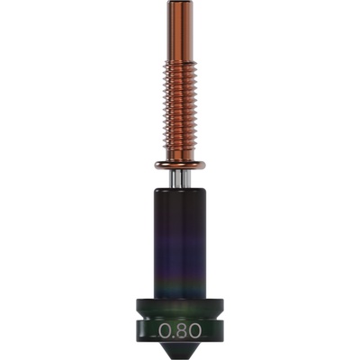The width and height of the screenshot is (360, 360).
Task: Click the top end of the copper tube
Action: coord(180,4)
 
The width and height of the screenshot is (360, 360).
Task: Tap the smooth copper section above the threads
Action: coord(180,31)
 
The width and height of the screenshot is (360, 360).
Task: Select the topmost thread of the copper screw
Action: coord(180,63)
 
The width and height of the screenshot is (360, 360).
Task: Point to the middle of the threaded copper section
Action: coord(180,108)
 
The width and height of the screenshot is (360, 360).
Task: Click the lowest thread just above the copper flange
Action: coord(180,153)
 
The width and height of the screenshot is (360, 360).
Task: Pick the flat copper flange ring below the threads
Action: coord(180,165)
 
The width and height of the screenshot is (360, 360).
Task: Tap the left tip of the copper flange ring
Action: coord(156,165)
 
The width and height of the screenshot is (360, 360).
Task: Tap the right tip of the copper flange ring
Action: coord(205,165)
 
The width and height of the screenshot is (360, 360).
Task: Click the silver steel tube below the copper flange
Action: coord(180,179)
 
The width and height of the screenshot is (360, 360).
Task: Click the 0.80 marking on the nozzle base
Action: coord(180,330)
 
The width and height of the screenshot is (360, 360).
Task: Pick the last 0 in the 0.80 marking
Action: coord(194,330)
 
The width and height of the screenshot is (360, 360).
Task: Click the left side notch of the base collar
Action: coord(141,323)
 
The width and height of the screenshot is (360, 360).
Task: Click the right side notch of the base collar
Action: coord(219,323)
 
